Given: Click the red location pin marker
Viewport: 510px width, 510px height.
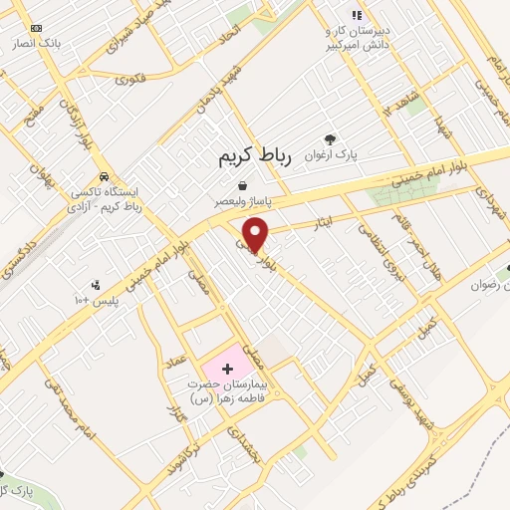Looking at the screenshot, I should (256, 234).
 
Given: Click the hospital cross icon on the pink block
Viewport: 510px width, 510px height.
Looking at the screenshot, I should (226, 370).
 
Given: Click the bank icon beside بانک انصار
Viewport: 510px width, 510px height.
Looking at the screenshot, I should (37, 28).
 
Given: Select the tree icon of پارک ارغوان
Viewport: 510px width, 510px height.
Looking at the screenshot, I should (330, 139).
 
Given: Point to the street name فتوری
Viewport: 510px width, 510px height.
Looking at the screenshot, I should (129, 77).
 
